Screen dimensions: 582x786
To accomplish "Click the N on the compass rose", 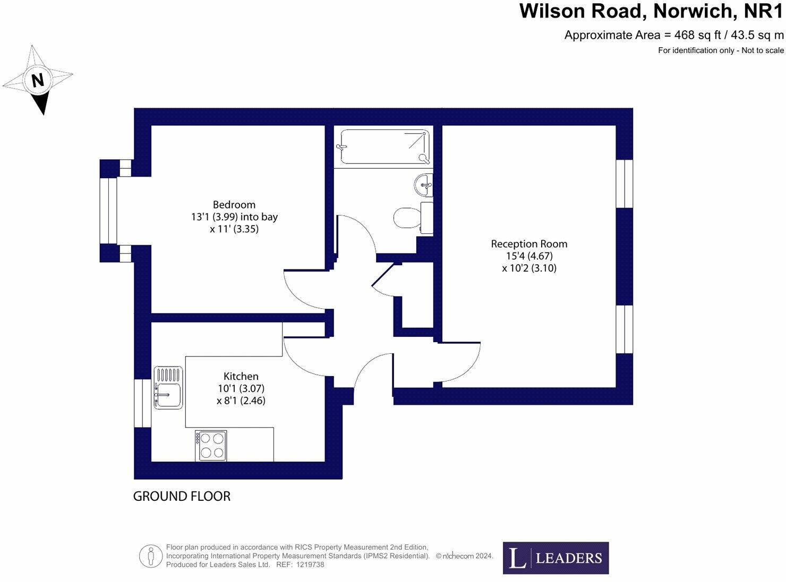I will click(38, 81).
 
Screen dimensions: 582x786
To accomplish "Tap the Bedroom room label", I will click(234, 205).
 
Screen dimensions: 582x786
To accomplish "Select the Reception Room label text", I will click(529, 244).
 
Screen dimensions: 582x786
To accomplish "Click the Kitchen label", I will click(241, 376).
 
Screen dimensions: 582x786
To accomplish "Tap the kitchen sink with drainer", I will click(168, 388).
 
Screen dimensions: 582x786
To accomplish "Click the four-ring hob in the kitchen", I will click(211, 446).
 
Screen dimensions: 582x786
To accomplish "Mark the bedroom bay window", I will click(108, 211).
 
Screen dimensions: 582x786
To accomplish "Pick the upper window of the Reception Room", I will click(625, 184).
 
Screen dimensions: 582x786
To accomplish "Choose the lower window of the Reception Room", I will click(625, 329).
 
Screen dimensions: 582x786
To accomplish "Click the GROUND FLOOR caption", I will click(182, 497).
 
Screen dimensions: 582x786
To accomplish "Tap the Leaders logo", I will click(556, 558).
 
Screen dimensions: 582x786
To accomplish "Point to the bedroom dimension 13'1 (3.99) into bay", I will click(234, 217).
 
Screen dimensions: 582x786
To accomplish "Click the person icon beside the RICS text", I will click(151, 557).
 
